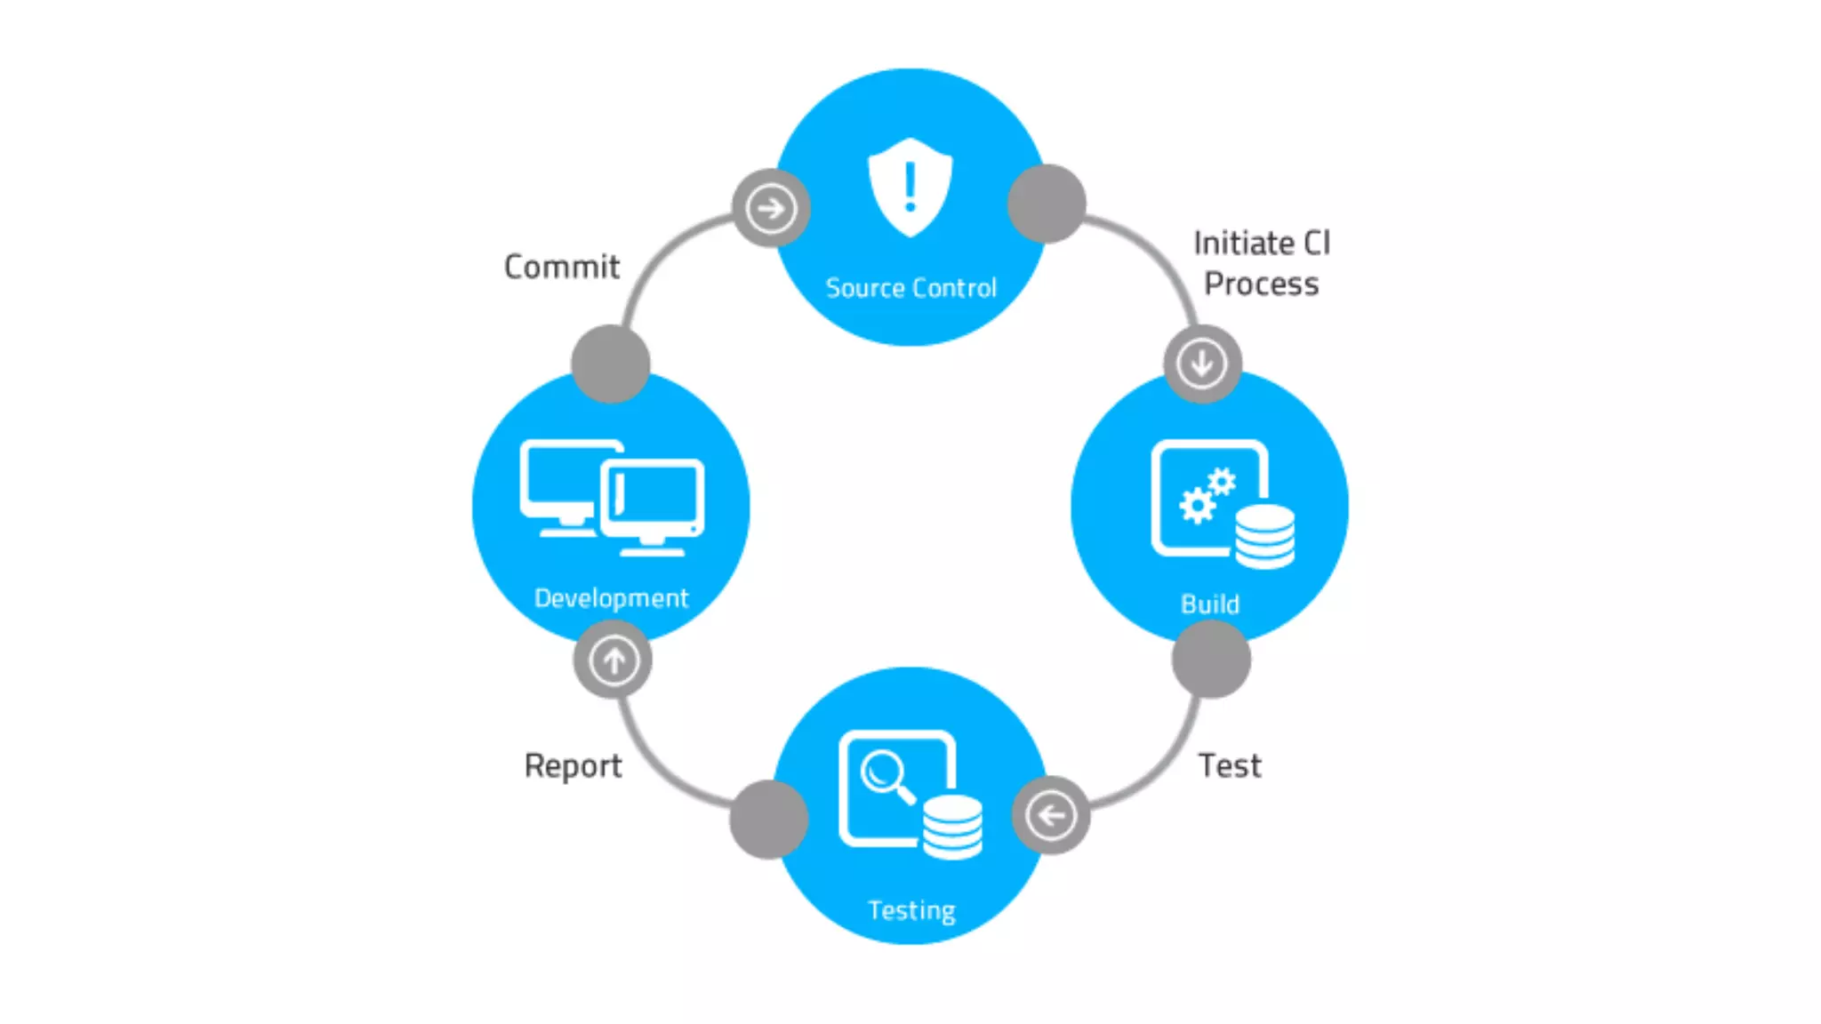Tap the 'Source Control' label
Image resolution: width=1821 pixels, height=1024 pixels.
(910, 288)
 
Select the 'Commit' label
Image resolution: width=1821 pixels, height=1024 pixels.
(561, 267)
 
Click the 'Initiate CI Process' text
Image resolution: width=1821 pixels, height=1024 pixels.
(1261, 263)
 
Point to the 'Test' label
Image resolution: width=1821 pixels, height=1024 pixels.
(1229, 765)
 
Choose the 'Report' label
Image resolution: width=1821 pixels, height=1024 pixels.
(573, 766)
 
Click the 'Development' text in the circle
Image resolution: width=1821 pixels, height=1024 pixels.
(611, 598)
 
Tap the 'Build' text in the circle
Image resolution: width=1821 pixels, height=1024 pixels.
(1209, 604)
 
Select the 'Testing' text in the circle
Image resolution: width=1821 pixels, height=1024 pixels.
(911, 910)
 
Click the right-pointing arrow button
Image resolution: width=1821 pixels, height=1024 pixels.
(771, 209)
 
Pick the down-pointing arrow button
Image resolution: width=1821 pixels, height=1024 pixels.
(1202, 364)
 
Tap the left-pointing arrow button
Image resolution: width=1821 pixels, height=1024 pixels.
(1051, 815)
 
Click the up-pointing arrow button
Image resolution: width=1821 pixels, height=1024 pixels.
(614, 660)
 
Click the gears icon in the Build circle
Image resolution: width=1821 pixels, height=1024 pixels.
(1207, 496)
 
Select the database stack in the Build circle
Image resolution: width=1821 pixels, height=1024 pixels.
(1264, 536)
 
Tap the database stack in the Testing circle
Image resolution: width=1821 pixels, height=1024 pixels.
(952, 827)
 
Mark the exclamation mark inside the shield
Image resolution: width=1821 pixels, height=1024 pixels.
(910, 186)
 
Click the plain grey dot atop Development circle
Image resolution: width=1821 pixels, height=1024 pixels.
(611, 364)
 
